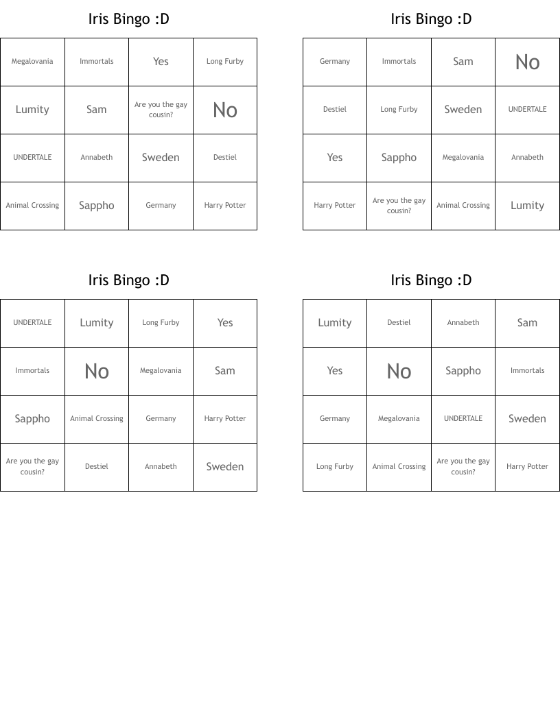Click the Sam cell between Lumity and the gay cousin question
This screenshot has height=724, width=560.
[x=97, y=110]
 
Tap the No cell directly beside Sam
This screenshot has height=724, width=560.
[x=527, y=62]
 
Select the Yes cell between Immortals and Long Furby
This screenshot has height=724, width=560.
[x=161, y=62]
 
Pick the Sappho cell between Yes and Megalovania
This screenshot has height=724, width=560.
[x=399, y=158]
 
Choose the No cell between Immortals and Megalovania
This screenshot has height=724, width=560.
[x=97, y=371]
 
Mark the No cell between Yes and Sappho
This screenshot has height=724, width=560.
[x=399, y=371]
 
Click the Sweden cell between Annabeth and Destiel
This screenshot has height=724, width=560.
[x=161, y=158]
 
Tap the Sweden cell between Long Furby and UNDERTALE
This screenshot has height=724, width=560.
[x=463, y=110]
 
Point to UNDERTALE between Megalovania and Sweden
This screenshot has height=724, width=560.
[x=463, y=419]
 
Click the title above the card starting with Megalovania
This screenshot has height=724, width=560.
[x=128, y=19]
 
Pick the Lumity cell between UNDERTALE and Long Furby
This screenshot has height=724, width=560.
[x=97, y=323]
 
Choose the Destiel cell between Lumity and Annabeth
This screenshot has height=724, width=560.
[x=399, y=323]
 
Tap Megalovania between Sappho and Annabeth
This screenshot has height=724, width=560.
[x=463, y=158]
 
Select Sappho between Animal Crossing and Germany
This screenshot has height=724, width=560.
[x=97, y=206]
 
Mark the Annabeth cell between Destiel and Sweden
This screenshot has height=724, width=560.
[x=161, y=467]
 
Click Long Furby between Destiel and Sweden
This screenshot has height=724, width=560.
[x=399, y=110]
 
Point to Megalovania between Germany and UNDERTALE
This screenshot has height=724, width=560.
[x=399, y=419]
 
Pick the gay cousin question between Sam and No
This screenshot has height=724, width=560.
[x=161, y=110]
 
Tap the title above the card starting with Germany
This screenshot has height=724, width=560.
[x=431, y=19]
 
